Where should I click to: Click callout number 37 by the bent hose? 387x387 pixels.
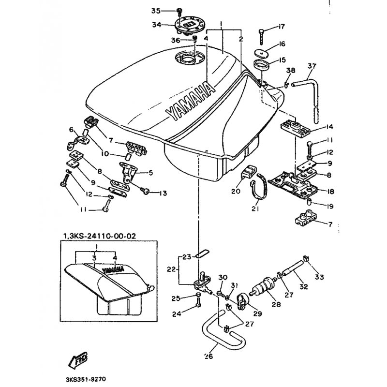click(312, 66)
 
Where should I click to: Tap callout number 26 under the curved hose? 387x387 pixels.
click(208, 357)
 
